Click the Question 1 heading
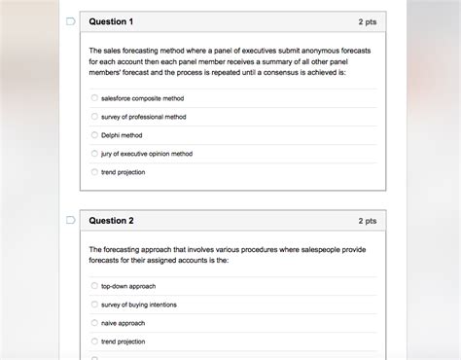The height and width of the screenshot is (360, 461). coord(111,21)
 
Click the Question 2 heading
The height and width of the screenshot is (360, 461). coord(111,221)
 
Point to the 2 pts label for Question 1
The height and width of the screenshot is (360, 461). coord(367,21)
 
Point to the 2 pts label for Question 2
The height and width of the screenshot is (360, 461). coord(367,221)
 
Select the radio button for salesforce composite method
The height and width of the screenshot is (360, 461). coord(94,98)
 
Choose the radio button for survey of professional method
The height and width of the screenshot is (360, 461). coord(94,117)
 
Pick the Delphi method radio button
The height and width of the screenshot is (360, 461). coord(94,135)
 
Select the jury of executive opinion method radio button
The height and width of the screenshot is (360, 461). coord(94,154)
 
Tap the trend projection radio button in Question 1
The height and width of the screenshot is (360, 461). coord(94,172)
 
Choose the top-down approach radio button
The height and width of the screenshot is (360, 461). coord(94,286)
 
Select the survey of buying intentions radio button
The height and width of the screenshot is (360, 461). coord(94,305)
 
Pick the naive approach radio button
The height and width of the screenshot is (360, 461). coord(94,323)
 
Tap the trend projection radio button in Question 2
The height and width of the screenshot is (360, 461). coord(94,342)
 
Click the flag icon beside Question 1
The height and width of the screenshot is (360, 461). coord(70,21)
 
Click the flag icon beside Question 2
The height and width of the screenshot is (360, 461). coord(70,221)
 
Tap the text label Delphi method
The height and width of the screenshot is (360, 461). coord(122,135)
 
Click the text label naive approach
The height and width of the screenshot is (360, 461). coord(124,323)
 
